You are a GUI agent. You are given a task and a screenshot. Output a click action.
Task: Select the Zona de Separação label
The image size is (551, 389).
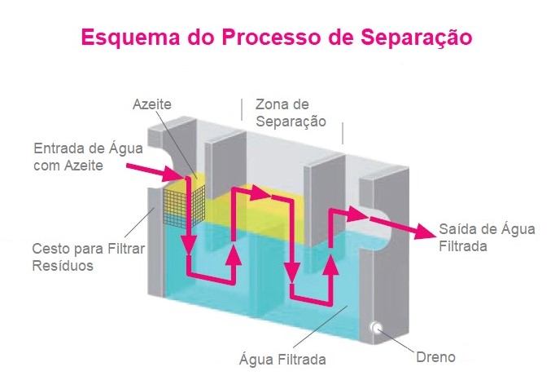tap(291, 113)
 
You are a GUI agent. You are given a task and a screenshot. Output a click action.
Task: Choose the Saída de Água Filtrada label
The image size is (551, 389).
tap(486, 237)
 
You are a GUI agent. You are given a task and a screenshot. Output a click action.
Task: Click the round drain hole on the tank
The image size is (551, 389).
tap(378, 328)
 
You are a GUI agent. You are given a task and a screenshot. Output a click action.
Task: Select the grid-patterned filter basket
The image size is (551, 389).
tap(184, 201)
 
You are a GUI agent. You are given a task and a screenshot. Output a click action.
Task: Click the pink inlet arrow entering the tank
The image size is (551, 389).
tap(155, 171)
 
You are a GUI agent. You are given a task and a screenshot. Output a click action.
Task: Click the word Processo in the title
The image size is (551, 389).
tap(257, 38)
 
